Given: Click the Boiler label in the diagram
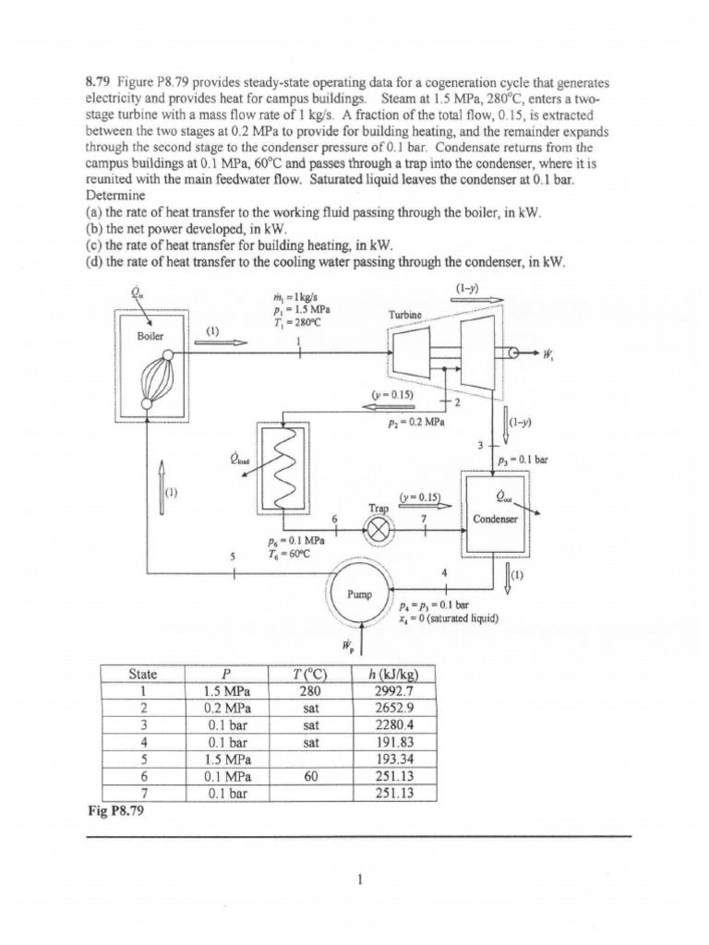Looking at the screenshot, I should (x=150, y=336).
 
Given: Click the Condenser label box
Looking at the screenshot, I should (x=497, y=519).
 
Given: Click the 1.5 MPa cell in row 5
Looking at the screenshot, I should (x=223, y=760).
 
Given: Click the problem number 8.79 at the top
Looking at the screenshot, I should (x=101, y=82).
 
